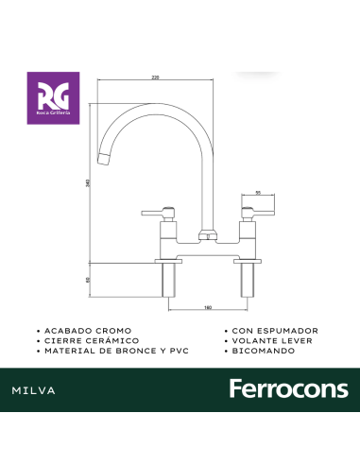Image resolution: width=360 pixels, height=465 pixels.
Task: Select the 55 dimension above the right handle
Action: coord(259,193)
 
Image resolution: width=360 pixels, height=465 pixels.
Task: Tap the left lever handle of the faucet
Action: coord(162,211)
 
